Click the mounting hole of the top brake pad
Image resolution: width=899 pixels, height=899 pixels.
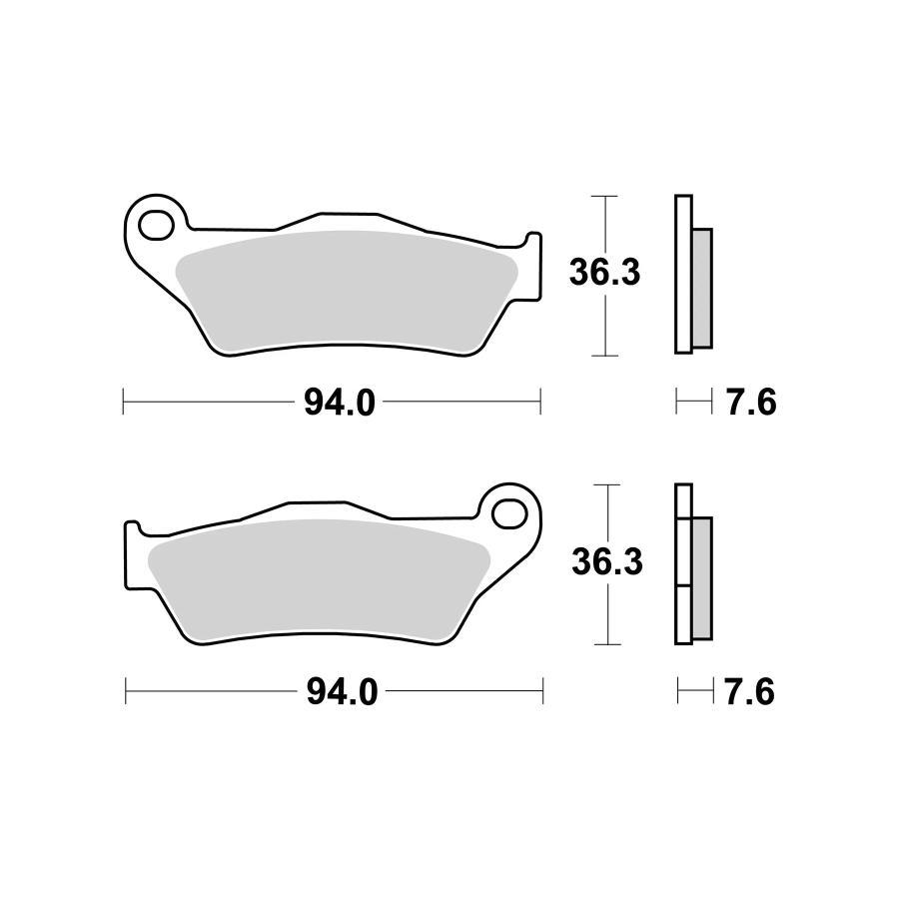[x=155, y=225]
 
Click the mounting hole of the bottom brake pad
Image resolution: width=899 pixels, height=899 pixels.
[x=509, y=513]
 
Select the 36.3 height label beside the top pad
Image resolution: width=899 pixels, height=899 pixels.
[x=604, y=273]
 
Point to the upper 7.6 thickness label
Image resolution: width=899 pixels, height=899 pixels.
[x=750, y=404]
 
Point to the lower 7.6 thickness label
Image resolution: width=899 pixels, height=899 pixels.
[x=750, y=692]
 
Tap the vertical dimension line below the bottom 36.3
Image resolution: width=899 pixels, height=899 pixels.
[x=606, y=614]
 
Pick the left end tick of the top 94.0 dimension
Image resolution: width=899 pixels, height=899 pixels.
[x=122, y=403]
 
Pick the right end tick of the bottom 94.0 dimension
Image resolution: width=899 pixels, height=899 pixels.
[x=542, y=691]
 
